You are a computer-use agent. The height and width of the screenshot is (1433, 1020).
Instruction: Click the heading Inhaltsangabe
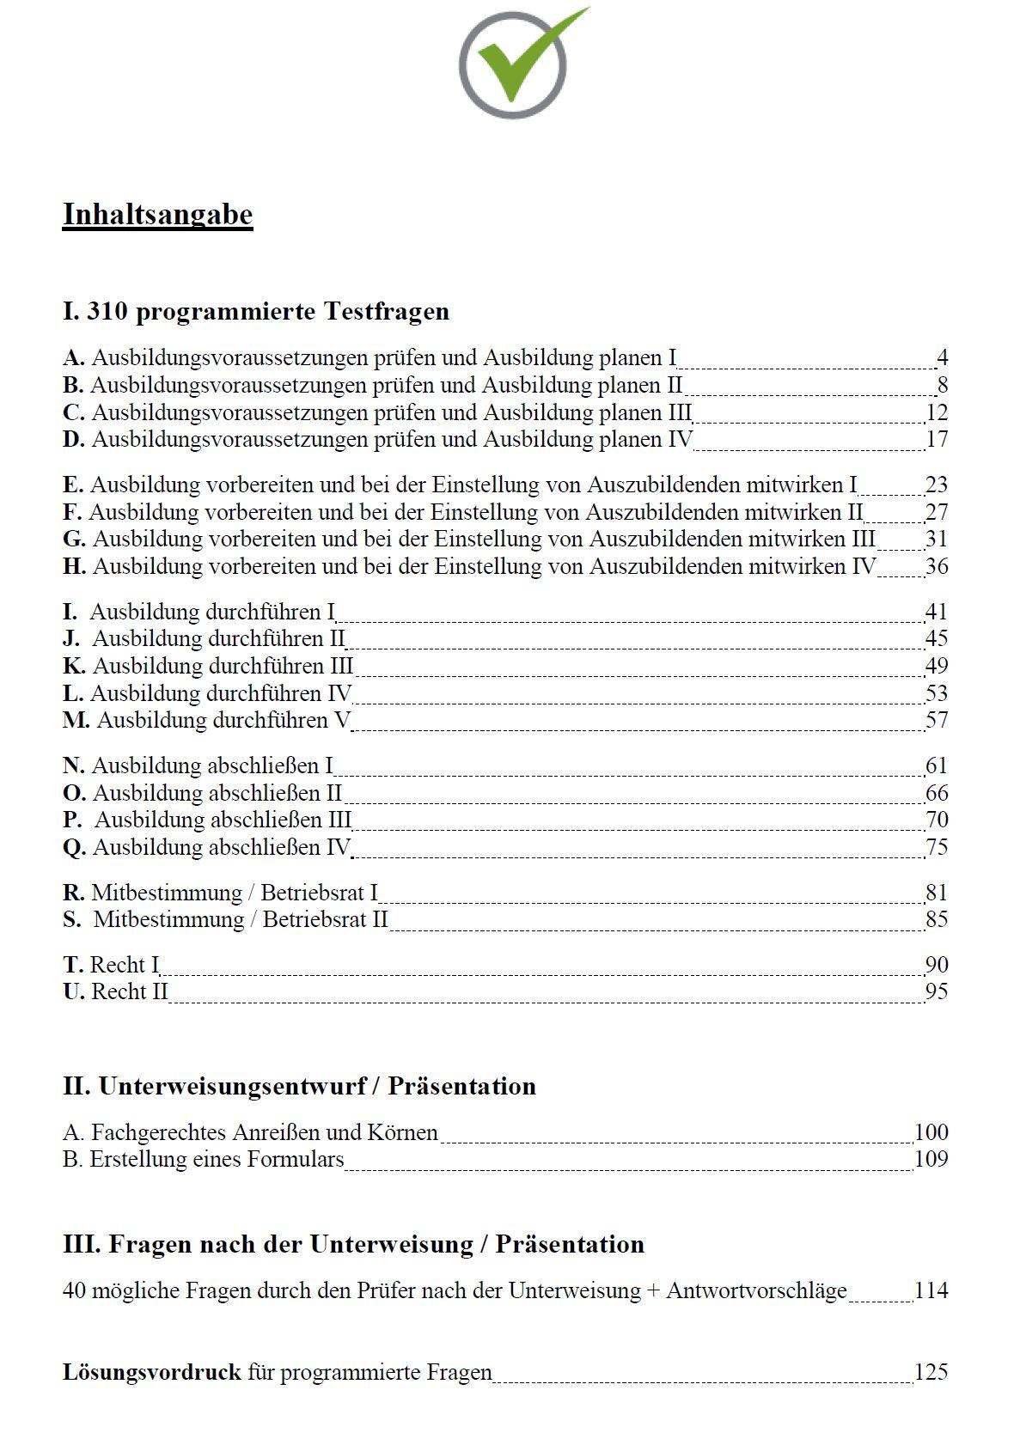click(x=157, y=215)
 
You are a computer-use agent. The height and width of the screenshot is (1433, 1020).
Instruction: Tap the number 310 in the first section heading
click(x=107, y=311)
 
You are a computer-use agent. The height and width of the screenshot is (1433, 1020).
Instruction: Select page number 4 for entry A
click(x=942, y=358)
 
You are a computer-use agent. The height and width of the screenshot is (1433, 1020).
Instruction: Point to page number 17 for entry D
click(x=937, y=440)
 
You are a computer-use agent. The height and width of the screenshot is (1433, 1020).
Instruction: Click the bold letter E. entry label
click(x=73, y=485)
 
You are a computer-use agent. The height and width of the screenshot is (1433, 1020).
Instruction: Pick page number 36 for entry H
click(x=937, y=567)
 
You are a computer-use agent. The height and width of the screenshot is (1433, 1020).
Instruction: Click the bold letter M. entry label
click(x=76, y=720)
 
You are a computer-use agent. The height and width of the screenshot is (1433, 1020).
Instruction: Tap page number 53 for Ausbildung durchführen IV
click(x=937, y=693)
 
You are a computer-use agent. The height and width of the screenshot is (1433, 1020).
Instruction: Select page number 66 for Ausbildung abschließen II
click(x=937, y=793)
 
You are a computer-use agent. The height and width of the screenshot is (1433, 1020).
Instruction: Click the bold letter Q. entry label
click(x=74, y=848)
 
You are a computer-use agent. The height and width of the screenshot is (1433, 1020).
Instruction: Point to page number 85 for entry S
click(x=937, y=920)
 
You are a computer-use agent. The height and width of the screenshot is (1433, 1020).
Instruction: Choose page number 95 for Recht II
click(x=937, y=992)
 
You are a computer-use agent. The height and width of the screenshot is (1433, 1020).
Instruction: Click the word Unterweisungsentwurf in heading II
click(x=231, y=1087)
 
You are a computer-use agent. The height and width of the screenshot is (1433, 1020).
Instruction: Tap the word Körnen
click(x=403, y=1133)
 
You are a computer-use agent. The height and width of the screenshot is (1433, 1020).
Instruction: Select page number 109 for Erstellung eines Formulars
click(x=931, y=1160)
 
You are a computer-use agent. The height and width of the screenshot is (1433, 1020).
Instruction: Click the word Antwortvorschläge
click(x=756, y=1291)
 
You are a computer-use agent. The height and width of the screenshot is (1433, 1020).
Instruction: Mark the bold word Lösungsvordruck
click(x=151, y=1373)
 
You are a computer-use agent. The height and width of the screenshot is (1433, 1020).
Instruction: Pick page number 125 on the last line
click(x=931, y=1373)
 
